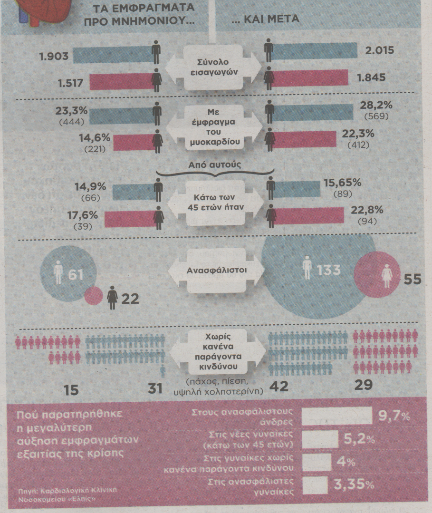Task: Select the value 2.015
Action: click(x=377, y=50)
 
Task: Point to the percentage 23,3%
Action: click(x=72, y=111)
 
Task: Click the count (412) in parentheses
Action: click(x=357, y=145)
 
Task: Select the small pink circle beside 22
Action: click(x=93, y=296)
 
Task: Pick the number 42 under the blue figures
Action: click(x=278, y=386)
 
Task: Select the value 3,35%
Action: click(x=354, y=485)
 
